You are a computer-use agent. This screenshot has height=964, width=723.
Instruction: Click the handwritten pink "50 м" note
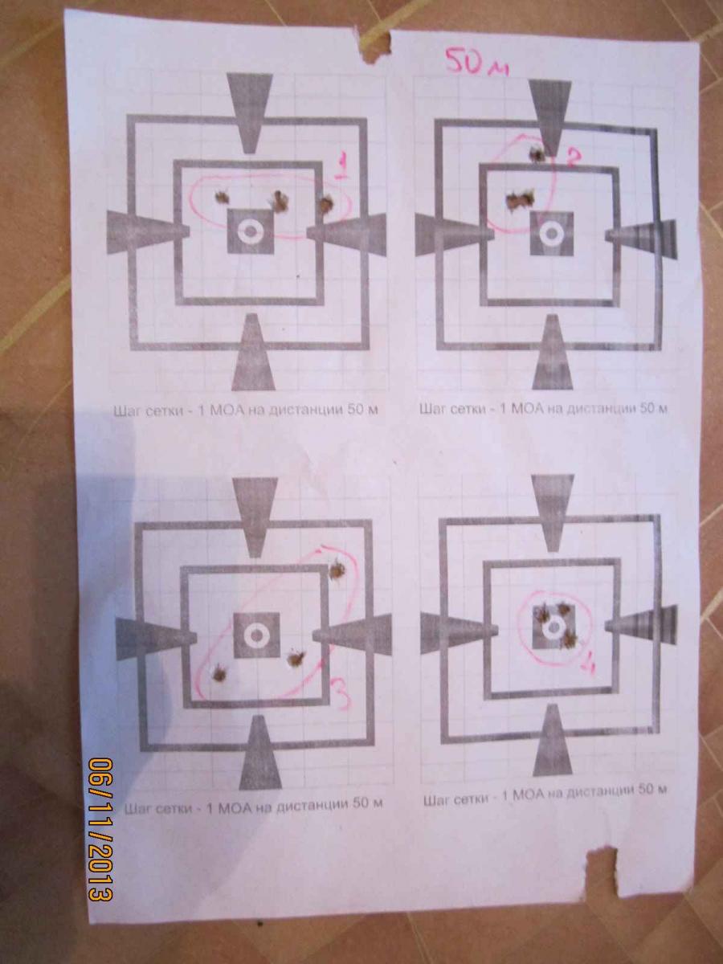(x=476, y=63)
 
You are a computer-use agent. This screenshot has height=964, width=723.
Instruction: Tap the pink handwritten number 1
(x=342, y=166)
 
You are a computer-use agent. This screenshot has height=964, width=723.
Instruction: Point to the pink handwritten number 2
(x=570, y=157)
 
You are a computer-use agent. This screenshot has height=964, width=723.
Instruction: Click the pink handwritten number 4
(x=587, y=667)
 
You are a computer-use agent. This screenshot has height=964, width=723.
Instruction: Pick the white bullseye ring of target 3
(x=256, y=635)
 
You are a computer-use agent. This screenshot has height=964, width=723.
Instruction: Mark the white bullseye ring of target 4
(x=553, y=627)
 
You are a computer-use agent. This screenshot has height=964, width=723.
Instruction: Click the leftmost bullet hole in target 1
(x=222, y=198)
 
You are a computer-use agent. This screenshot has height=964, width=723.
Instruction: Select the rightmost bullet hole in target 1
(x=325, y=204)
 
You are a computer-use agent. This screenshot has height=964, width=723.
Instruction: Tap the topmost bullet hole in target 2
(x=537, y=153)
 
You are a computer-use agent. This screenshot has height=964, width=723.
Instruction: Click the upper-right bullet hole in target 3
(x=337, y=570)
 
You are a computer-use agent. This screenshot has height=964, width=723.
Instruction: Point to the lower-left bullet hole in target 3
(x=219, y=672)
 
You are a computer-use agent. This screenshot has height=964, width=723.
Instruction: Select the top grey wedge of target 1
(x=249, y=112)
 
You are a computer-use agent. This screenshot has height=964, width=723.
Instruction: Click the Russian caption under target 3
(x=254, y=805)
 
